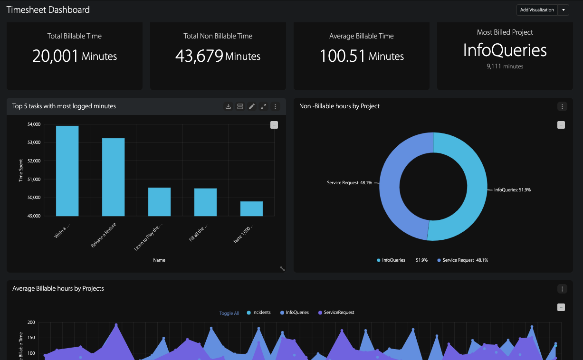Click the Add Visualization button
click(537, 10)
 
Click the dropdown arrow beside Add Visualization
click(563, 10)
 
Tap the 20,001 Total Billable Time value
click(55, 56)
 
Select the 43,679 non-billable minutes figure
click(199, 56)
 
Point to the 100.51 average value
click(342, 56)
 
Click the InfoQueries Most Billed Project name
click(505, 50)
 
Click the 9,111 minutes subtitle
click(505, 66)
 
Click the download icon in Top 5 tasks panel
click(228, 106)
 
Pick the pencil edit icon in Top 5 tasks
click(252, 106)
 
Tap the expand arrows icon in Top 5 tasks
click(263, 106)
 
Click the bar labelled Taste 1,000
click(251, 208)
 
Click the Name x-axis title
click(159, 260)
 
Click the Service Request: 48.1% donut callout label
click(349, 182)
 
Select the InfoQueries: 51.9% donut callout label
click(512, 189)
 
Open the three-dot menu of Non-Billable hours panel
click(562, 106)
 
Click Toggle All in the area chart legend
click(229, 313)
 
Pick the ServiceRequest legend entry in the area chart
click(338, 313)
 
